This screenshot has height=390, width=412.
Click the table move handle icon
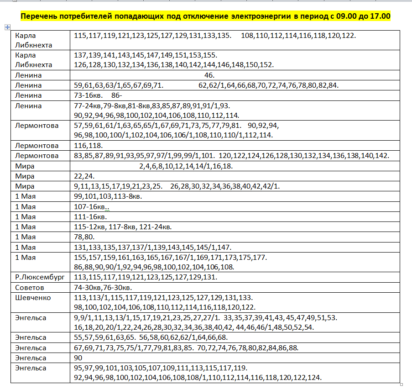coord(7,27)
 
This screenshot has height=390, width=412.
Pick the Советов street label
coord(30,287)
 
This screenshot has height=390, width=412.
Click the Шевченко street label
coord(33,298)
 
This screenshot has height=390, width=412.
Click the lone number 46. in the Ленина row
coord(209,75)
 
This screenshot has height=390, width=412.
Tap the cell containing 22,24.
coord(84,176)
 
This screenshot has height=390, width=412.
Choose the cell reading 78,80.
coord(84,237)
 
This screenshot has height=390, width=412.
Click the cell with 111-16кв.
coord(90,216)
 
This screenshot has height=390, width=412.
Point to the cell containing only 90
coord(78,358)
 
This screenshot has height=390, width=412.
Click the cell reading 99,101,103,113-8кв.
coord(108,196)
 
